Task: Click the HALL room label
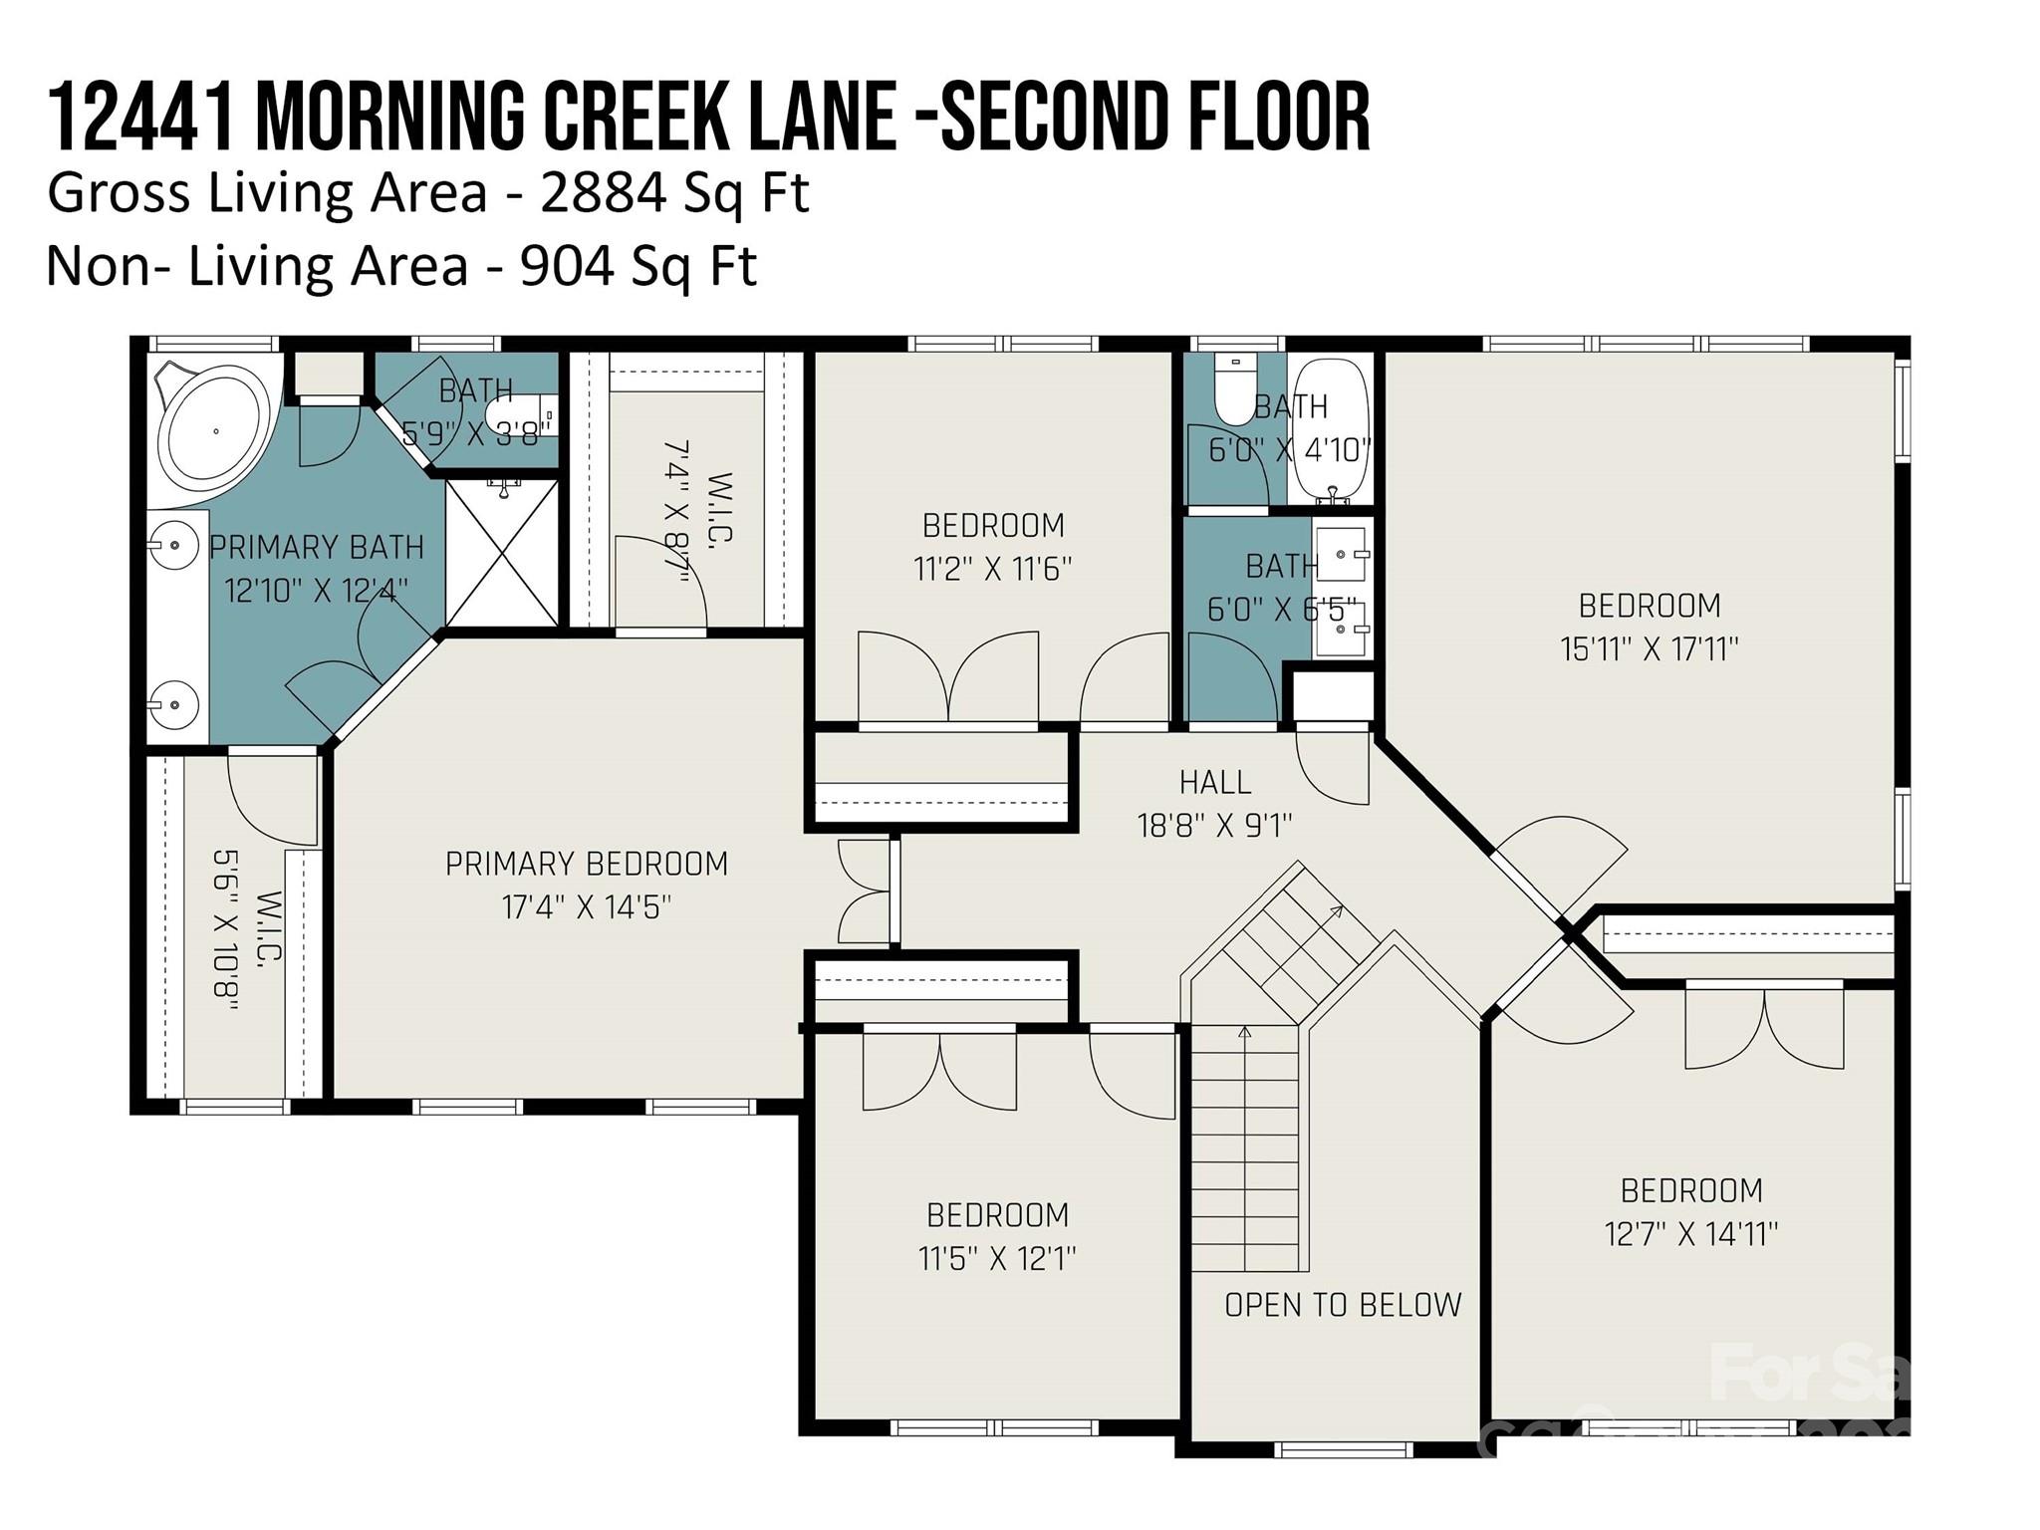(1214, 783)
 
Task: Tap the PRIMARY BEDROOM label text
(586, 864)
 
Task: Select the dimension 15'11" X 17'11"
(1649, 649)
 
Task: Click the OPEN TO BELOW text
(1342, 1305)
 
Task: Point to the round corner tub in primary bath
(214, 431)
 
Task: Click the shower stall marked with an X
(501, 554)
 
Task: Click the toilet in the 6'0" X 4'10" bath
(1232, 393)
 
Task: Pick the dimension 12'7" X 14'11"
(1690, 1235)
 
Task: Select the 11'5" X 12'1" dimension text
(996, 1259)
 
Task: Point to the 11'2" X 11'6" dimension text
(992, 570)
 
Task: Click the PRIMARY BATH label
(316, 547)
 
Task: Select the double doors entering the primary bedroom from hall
(865, 892)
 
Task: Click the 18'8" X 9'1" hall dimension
(1214, 826)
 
